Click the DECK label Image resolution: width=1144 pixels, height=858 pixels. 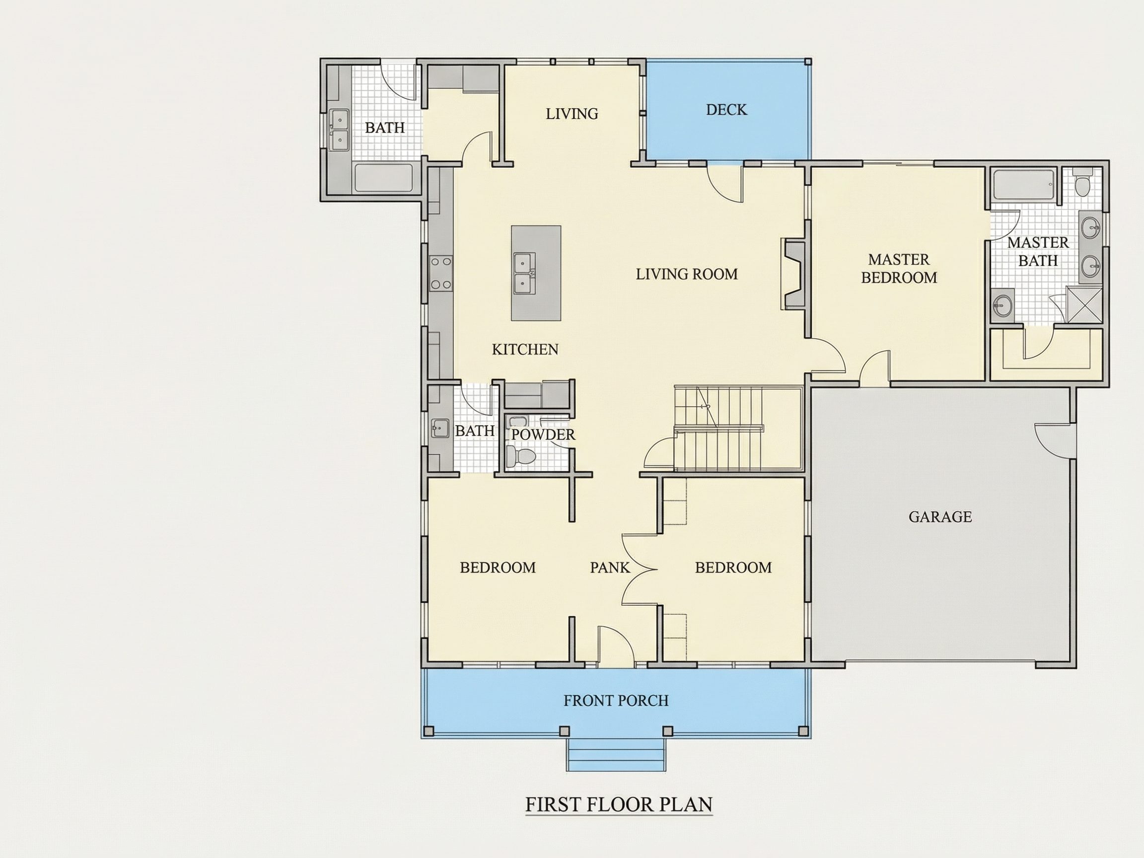click(726, 110)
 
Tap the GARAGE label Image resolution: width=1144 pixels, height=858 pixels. click(940, 517)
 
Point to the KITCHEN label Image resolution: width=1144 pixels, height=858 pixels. click(525, 350)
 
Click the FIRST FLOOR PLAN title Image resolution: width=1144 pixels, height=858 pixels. click(619, 805)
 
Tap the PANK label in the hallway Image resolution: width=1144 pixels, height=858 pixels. click(610, 568)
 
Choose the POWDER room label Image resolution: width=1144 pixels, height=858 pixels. click(543, 434)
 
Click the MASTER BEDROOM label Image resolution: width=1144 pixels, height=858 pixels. click(899, 269)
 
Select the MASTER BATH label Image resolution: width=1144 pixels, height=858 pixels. click(1038, 251)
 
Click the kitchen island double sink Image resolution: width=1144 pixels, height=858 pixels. click(524, 273)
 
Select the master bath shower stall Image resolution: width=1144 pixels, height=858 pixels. click(1084, 304)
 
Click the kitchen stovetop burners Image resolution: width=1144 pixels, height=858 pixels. click(440, 273)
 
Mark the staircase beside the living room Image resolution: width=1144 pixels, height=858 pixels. click(737, 428)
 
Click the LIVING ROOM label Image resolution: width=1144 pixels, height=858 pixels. click(687, 274)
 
